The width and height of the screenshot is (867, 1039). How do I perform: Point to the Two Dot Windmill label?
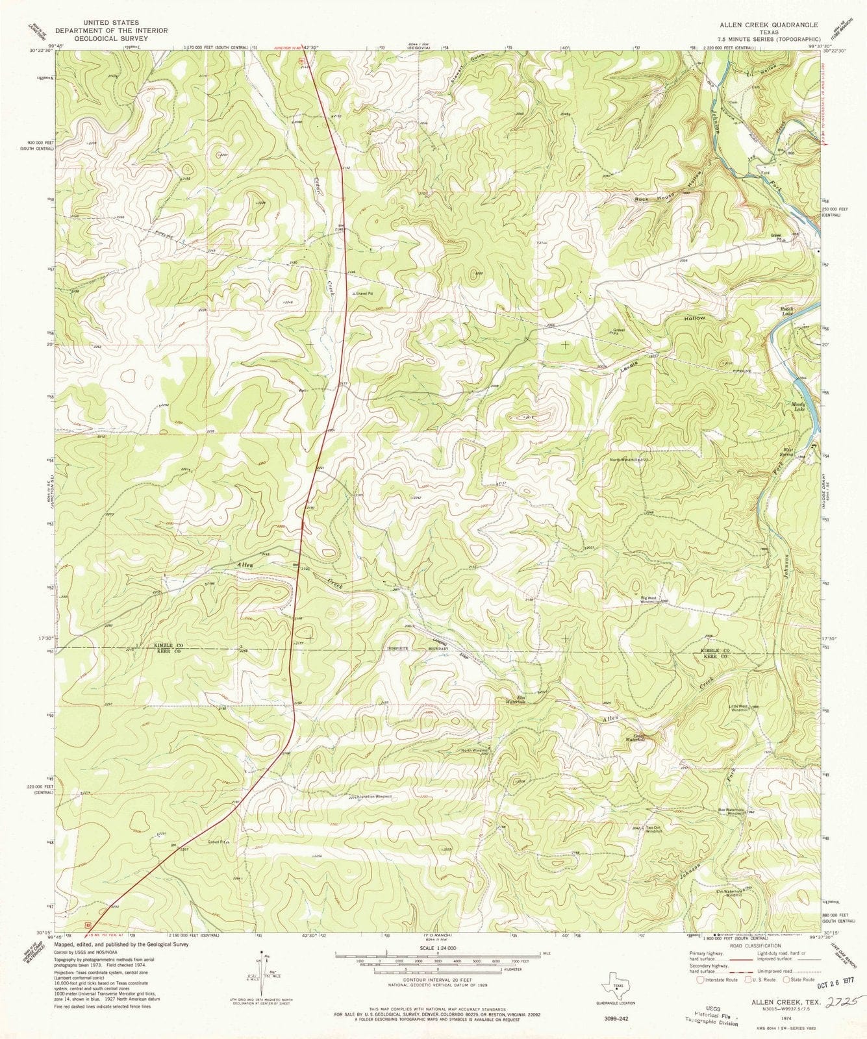tap(653, 829)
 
